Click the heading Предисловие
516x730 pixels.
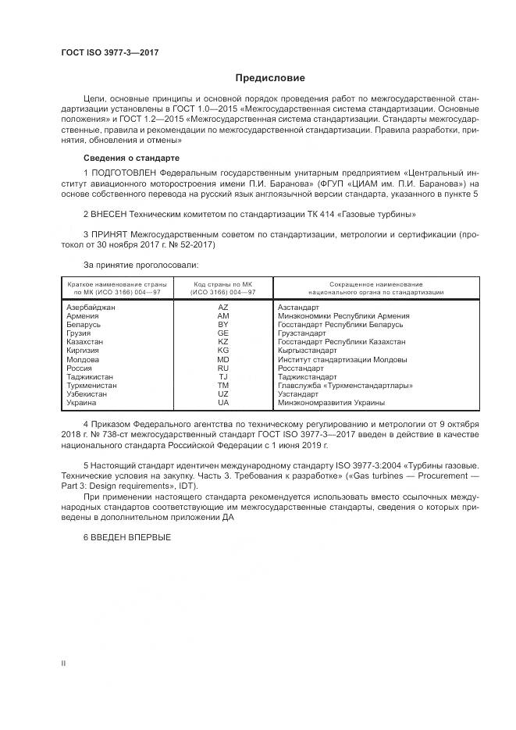(270, 78)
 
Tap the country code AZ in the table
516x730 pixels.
(223, 308)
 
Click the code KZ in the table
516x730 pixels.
(223, 342)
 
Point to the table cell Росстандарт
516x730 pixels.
(301, 368)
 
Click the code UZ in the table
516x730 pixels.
(223, 393)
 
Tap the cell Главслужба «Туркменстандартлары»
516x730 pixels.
(345, 385)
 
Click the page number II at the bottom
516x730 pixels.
(63, 663)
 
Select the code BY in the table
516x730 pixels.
(223, 325)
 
